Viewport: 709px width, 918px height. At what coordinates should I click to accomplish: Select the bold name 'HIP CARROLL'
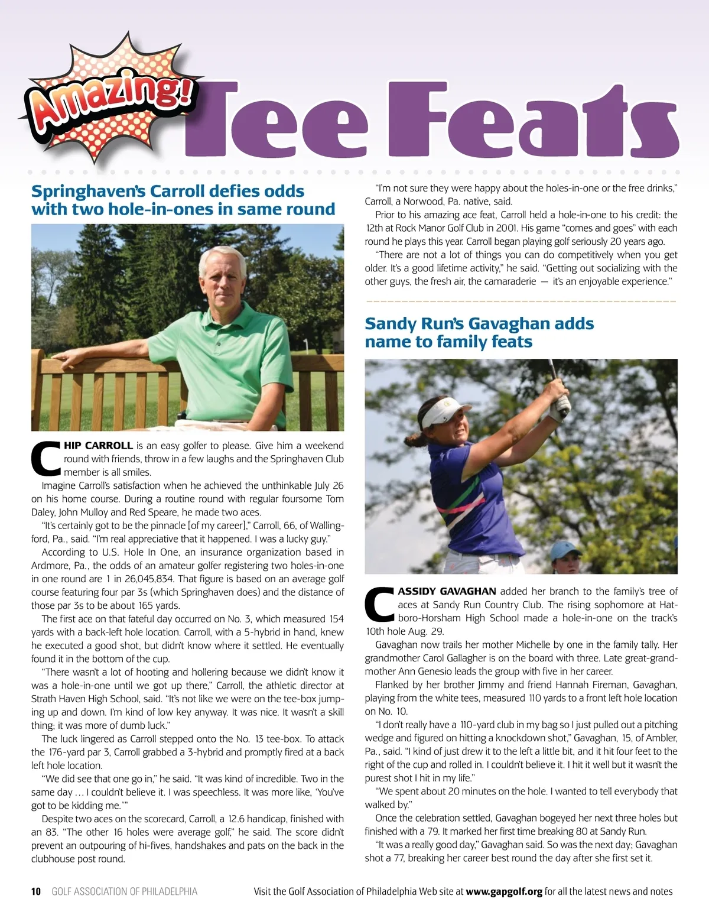(x=98, y=446)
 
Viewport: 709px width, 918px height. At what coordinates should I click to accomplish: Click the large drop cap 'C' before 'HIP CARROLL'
(x=45, y=459)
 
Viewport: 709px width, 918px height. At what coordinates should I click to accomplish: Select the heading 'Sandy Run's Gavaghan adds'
(x=479, y=324)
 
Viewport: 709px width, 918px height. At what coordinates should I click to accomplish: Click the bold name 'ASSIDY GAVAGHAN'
(x=447, y=591)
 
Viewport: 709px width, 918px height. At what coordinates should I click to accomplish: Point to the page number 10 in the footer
(x=36, y=891)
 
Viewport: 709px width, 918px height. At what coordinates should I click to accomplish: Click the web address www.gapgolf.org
(x=503, y=891)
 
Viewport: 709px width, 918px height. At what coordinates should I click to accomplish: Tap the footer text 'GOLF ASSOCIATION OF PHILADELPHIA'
(x=125, y=891)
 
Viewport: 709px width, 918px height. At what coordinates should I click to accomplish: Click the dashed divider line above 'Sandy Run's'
(x=521, y=301)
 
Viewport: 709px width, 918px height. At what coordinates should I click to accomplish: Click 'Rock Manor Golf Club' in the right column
(x=436, y=228)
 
